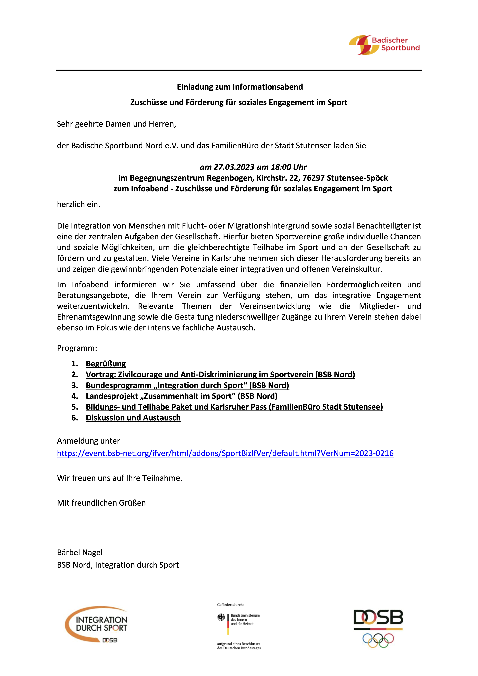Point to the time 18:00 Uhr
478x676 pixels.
(x=289, y=167)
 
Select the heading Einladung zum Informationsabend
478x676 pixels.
(x=240, y=87)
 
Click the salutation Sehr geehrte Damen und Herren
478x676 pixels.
(x=116, y=124)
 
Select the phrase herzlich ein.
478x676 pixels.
(x=78, y=204)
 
